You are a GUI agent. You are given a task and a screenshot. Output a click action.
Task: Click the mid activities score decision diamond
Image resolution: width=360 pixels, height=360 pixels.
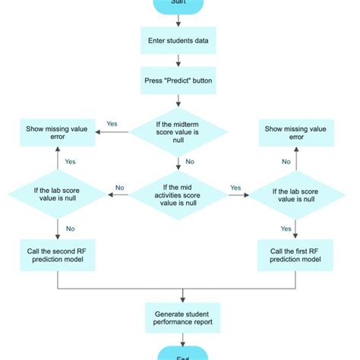click(x=178, y=194)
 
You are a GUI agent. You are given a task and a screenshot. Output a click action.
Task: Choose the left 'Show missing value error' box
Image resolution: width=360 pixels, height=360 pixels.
click(x=58, y=134)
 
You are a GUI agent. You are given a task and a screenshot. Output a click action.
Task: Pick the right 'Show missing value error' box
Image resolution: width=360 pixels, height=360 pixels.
click(x=295, y=134)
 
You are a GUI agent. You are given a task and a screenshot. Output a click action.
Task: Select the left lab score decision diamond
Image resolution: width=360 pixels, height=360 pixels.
click(x=58, y=194)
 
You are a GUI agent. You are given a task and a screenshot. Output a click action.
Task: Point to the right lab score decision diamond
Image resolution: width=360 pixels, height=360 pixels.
click(x=295, y=194)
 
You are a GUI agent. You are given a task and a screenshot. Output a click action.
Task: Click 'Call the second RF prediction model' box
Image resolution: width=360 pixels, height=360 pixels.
click(x=58, y=255)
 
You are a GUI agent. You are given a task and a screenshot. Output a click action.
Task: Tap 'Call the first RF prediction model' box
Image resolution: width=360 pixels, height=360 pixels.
click(x=295, y=255)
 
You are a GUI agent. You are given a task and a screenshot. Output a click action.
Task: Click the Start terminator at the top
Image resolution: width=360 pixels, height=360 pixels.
click(x=178, y=5)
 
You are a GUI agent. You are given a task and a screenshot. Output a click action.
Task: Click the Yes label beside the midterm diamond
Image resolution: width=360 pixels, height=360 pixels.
click(x=112, y=124)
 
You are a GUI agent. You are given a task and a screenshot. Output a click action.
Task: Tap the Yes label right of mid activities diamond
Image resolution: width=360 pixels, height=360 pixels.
click(x=235, y=188)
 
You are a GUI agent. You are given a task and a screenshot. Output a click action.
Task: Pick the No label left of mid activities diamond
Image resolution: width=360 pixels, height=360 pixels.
click(x=120, y=188)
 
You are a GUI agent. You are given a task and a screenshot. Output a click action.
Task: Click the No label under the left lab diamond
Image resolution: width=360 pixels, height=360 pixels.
click(x=70, y=227)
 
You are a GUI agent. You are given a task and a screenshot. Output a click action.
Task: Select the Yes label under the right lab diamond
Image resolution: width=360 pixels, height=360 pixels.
click(x=286, y=228)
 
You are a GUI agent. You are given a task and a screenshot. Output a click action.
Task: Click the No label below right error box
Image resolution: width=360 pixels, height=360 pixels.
click(x=286, y=162)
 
